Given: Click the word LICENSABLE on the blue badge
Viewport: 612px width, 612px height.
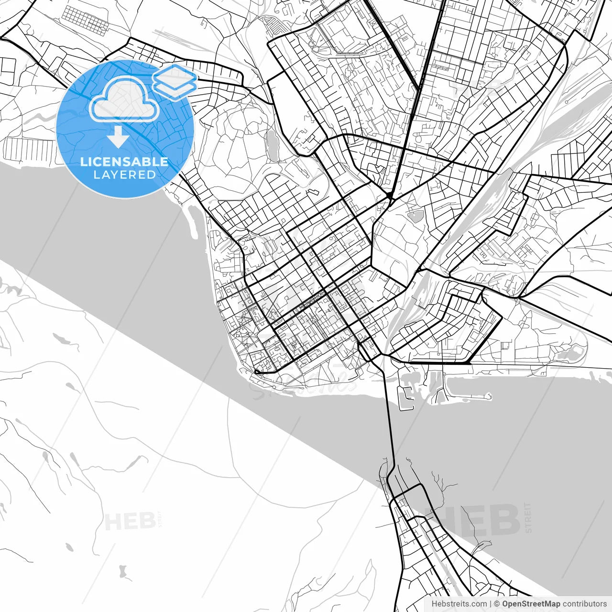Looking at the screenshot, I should (124, 162).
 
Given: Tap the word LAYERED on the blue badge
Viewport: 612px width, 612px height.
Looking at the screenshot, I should (124, 175).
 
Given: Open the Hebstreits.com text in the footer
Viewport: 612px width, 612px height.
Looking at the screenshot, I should (459, 604).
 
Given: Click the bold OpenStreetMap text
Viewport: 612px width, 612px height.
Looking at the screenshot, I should (531, 604).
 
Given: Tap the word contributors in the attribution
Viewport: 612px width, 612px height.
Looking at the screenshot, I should (584, 604).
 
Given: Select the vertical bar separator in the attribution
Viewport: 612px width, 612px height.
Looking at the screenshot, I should (491, 604).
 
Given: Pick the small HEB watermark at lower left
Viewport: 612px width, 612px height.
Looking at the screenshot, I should (129, 521).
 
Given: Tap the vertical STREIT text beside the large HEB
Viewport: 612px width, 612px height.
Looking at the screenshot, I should (528, 517).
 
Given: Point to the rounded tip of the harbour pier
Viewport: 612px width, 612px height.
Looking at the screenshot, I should (489, 396).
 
